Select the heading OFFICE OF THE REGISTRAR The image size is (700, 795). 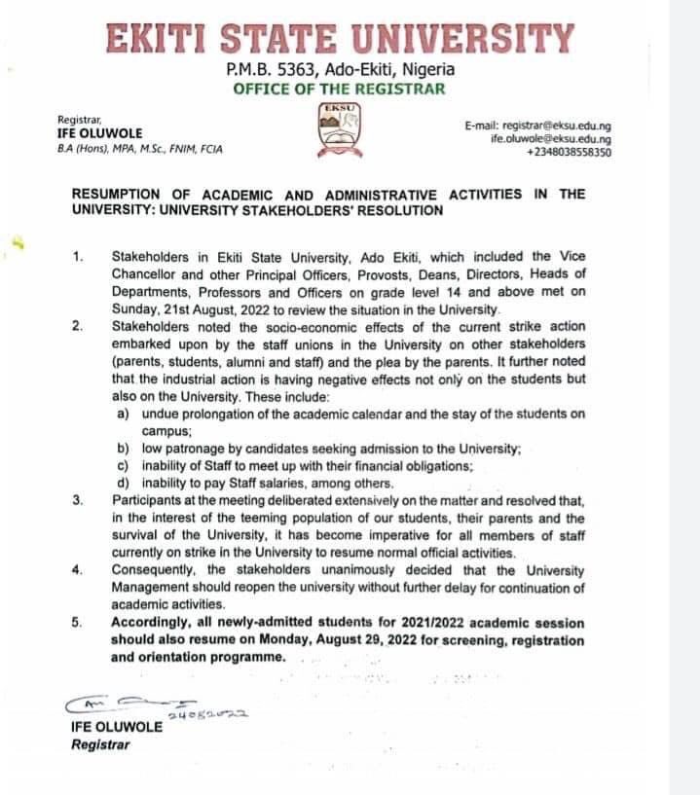pyautogui.click(x=339, y=89)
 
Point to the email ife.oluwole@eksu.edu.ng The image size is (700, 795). pyautogui.click(x=551, y=139)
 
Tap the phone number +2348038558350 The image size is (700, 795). pyautogui.click(x=569, y=152)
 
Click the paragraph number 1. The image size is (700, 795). pyautogui.click(x=78, y=257)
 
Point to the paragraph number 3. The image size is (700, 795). pyautogui.click(x=78, y=500)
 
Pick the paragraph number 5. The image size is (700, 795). pyautogui.click(x=78, y=623)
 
